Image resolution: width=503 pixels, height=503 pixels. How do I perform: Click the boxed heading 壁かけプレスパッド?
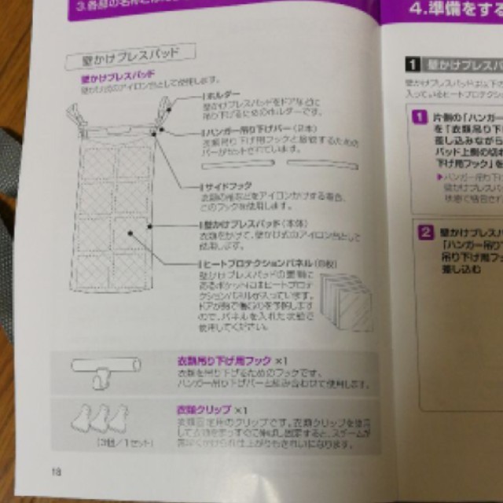pos(130,57)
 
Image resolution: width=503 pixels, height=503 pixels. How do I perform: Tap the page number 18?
pos(56,472)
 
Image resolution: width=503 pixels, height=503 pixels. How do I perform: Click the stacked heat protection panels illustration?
pos(340,302)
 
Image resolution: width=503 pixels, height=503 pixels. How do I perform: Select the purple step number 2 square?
pos(424,232)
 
